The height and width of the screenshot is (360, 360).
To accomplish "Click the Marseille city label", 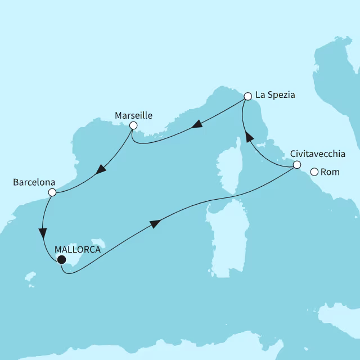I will coord(133,115).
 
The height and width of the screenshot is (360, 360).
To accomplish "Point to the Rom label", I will coord(330,172).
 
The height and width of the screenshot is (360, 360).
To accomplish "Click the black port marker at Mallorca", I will coord(61,259).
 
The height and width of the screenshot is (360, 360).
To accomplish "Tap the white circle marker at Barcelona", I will coord(52,192).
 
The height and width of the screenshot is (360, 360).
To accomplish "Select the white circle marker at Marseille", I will coord(133,125).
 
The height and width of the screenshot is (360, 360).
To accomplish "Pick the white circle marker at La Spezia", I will coord(247,97).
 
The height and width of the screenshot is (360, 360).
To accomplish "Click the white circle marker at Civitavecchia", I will coord(296,164).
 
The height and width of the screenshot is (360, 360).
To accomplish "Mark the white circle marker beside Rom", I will coord(314,172).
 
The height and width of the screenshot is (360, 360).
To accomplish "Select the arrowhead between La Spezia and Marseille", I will coord(196,125).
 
